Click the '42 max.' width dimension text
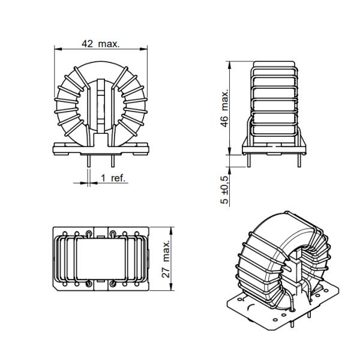101,44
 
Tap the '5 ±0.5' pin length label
224,190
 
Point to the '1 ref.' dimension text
113,179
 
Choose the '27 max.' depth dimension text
166,259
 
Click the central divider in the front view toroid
101,108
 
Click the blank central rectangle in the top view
101,258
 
